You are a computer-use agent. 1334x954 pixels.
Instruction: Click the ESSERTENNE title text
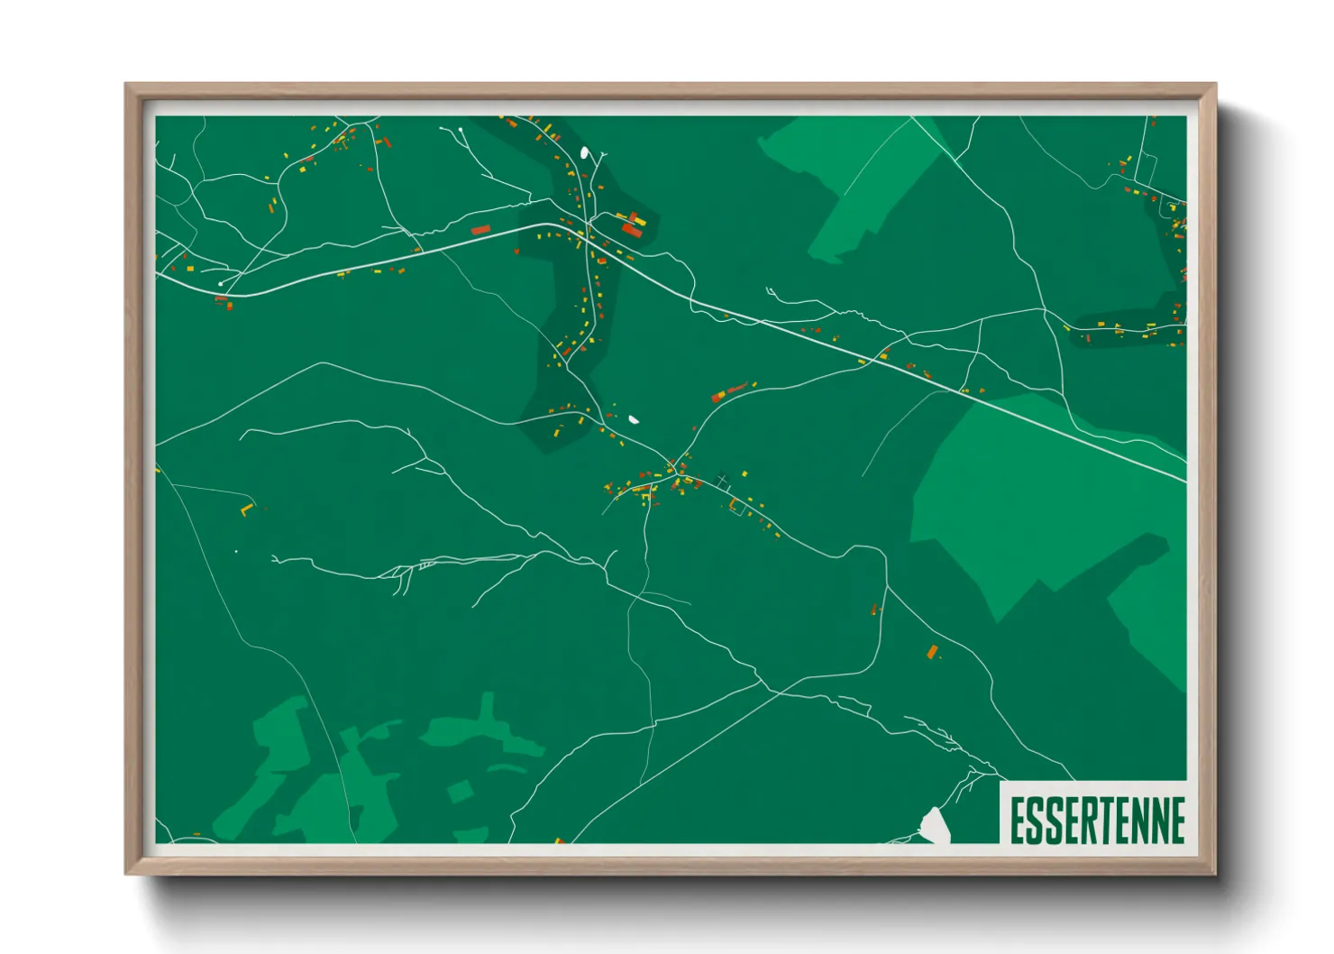1096,820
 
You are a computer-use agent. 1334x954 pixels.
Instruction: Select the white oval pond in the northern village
585,153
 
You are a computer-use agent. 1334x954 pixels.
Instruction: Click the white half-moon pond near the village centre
634,419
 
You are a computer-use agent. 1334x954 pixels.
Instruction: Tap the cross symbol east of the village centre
722,479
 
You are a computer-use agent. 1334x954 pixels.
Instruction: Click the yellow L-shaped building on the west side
246,510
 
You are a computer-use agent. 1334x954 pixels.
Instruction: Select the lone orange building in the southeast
933,651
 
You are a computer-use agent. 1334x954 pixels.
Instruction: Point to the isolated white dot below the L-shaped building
236,551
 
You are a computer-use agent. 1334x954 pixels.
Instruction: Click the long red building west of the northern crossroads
480,230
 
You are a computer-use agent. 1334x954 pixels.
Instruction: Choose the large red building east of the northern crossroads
632,231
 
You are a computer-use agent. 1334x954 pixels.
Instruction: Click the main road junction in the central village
672,469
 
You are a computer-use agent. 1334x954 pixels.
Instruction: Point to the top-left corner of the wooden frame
126,85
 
